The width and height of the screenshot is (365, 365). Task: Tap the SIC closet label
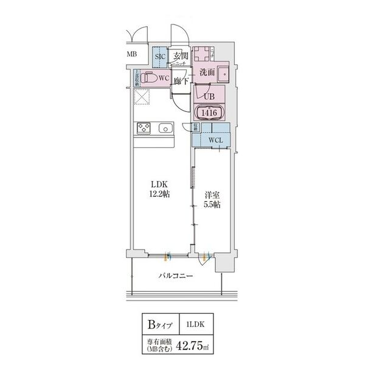coord(160,57)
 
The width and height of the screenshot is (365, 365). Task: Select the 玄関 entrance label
coord(180,57)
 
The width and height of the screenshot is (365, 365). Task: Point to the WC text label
coord(163,78)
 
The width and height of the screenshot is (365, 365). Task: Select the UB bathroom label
coord(209,96)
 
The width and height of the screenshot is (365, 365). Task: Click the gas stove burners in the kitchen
coord(144,128)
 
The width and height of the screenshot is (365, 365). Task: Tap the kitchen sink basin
coord(164,128)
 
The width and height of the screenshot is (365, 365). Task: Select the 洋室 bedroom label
coord(212,195)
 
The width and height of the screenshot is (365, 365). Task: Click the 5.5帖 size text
coord(212,205)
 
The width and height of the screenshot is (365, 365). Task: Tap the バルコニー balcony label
coord(176,275)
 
